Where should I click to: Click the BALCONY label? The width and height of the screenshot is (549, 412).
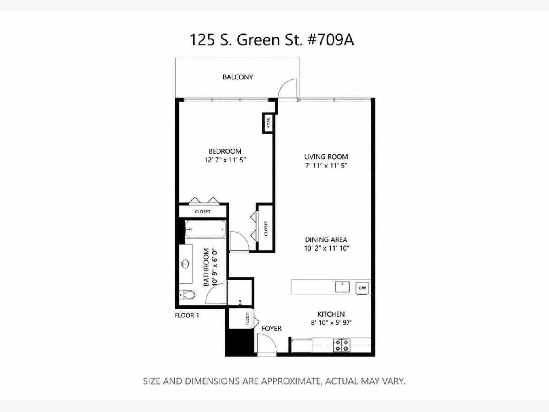tap(237, 77)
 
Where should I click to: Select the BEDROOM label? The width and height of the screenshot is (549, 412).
tap(225, 151)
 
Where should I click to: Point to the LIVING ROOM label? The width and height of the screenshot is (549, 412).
tap(326, 157)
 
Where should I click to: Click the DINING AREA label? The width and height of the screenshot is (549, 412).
tap(326, 239)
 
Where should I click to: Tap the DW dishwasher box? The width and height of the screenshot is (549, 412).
tap(362, 288)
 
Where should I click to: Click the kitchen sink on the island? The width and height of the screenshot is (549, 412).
tap(343, 287)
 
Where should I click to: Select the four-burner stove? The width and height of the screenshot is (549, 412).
tap(342, 345)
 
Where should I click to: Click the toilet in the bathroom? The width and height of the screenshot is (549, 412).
tap(187, 295)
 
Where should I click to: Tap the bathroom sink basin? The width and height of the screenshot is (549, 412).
tap(185, 263)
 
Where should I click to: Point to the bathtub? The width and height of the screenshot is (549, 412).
tap(205, 229)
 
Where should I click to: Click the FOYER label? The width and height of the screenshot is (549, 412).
tap(272, 328)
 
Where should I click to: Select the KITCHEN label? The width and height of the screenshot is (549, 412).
tap(331, 314)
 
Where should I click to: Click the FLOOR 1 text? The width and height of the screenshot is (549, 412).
tap(187, 315)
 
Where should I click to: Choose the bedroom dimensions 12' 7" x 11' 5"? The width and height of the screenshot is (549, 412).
tap(225, 160)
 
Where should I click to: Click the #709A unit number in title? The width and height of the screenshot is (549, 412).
tap(331, 40)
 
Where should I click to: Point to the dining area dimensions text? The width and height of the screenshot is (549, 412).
tap(326, 248)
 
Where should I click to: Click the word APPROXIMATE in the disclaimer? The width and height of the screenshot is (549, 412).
tap(291, 381)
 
